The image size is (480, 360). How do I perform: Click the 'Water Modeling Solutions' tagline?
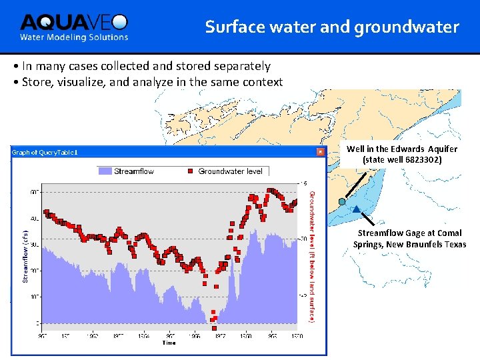pyautogui.click(x=73, y=37)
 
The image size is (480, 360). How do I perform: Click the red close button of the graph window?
pyautogui.click(x=321, y=152)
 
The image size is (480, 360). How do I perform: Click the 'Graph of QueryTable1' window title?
pyautogui.click(x=44, y=152)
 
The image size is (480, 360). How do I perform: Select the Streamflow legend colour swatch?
pyautogui.click(x=105, y=171)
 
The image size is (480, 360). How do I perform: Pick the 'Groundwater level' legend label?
pyautogui.click(x=230, y=171)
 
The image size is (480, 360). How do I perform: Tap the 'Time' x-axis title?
pyautogui.click(x=169, y=343)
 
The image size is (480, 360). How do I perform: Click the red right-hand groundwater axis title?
pyautogui.click(x=311, y=257)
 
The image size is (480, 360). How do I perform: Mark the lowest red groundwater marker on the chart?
pyautogui.click(x=214, y=327)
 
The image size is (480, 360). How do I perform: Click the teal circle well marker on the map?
pyautogui.click(x=341, y=201)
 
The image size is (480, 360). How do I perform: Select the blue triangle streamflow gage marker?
pyautogui.click(x=357, y=209)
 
